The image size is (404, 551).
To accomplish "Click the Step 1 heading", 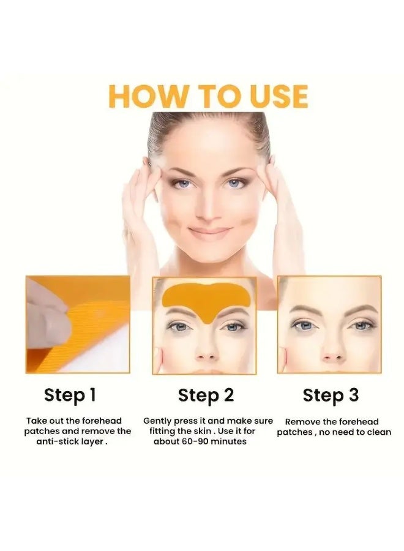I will point(70,395).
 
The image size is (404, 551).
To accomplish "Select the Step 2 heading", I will point(206,395).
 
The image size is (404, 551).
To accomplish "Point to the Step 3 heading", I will point(331,395).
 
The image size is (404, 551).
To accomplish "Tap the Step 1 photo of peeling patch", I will point(78,324).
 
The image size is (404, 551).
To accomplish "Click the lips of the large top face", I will point(209,233).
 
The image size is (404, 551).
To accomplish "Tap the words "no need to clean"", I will point(355,432).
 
